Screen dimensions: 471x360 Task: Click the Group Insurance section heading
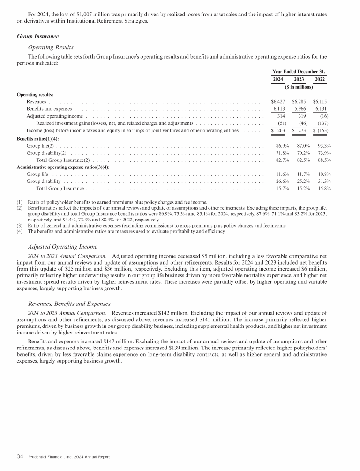[x=37, y=36]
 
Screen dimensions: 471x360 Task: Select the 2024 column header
[x=278, y=79]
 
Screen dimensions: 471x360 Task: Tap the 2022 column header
[x=320, y=79]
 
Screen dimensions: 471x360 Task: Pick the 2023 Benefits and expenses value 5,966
[x=300, y=108]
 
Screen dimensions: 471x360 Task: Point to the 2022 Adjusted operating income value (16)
[x=323, y=116]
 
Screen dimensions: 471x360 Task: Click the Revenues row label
[x=36, y=101]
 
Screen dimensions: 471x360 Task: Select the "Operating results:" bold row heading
[x=35, y=94]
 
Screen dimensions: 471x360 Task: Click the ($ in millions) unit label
[x=299, y=87]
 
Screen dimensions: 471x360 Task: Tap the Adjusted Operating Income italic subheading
[x=63, y=246]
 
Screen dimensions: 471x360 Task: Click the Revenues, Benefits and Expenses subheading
[x=72, y=303]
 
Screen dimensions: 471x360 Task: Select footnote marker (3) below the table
[x=20, y=225]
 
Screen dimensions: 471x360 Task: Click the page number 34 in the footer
[x=20, y=456]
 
